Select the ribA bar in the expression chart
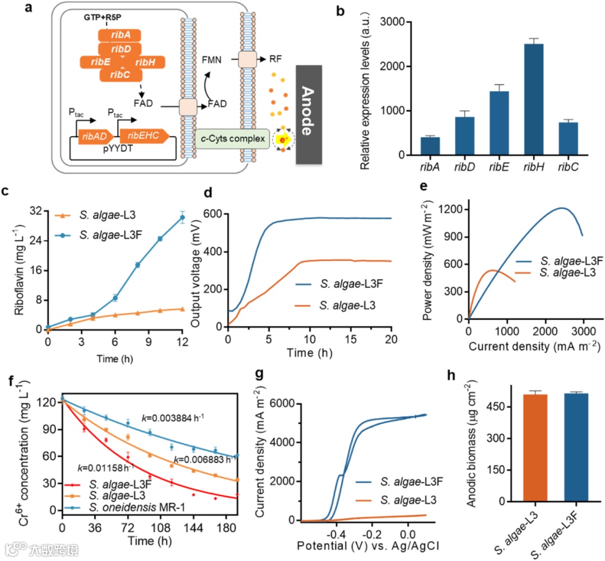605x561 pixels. click(431, 146)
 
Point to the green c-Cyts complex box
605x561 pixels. click(231, 137)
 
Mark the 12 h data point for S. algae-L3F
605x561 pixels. click(182, 218)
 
